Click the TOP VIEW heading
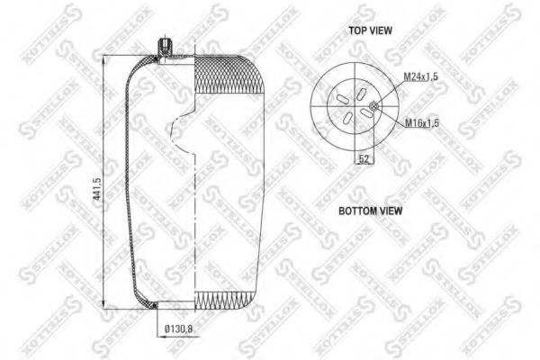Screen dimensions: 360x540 click(x=370, y=30)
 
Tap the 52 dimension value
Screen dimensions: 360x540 click(x=364, y=158)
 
